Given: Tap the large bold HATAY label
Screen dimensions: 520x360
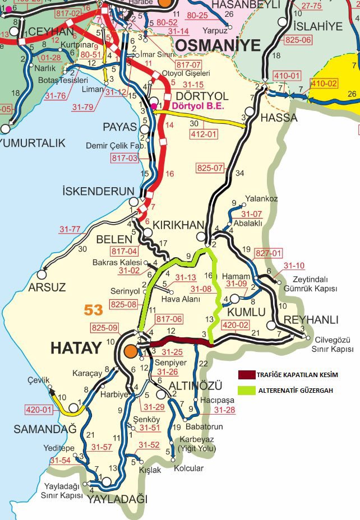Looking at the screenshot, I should (76, 348).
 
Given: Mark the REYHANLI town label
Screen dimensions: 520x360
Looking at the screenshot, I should (311, 320).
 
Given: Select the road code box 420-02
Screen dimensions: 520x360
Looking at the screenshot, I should (236, 324).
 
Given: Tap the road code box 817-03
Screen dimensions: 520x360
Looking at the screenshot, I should (124, 159).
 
